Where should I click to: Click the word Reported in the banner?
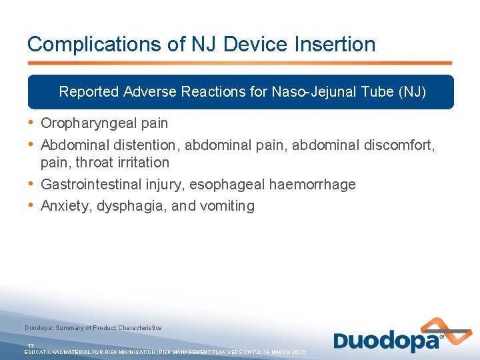[89, 91]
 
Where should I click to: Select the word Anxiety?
[65, 206]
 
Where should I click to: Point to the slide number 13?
[31, 345]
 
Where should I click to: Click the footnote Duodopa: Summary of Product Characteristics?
[93, 328]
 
